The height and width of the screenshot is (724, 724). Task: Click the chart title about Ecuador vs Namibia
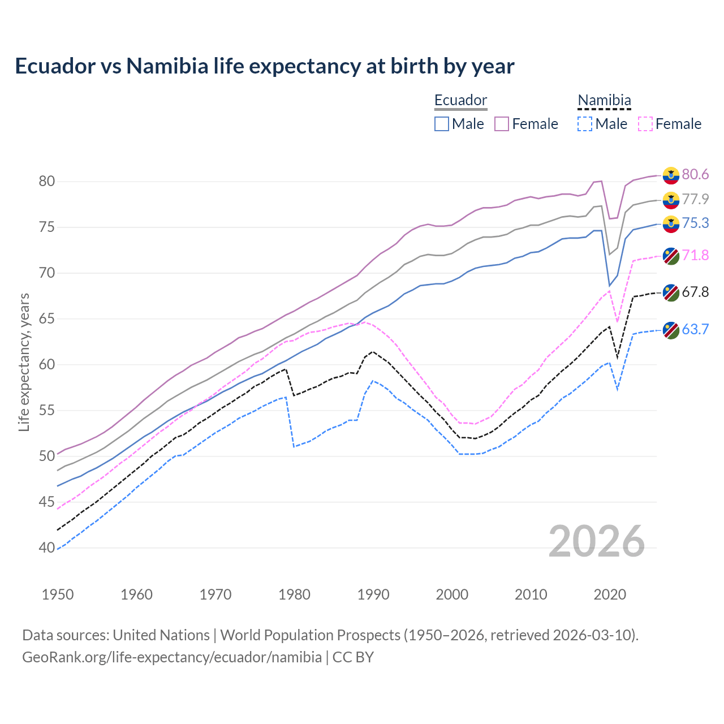[264, 66]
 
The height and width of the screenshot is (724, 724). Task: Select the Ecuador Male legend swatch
[442, 124]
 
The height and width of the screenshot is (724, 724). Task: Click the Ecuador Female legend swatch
[502, 124]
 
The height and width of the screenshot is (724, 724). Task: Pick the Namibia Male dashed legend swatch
[585, 124]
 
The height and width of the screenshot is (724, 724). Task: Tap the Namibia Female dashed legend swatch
[645, 124]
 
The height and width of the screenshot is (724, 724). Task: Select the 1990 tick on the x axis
[373, 594]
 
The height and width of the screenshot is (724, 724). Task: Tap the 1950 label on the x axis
[58, 594]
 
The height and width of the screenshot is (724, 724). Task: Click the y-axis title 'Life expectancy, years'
[24, 362]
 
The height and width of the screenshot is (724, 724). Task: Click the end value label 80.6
[695, 174]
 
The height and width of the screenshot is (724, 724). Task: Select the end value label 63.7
[695, 329]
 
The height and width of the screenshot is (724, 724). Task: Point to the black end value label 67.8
[695, 292]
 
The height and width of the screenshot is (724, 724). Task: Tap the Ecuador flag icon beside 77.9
[671, 200]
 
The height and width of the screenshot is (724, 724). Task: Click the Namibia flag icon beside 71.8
[671, 256]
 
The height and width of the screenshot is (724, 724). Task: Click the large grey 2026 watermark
[596, 541]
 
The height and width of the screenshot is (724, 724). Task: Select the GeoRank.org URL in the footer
[171, 657]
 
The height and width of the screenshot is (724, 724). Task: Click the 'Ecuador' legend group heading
[460, 101]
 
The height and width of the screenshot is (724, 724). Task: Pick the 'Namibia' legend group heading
[604, 101]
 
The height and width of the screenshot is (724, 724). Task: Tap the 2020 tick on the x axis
[610, 594]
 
